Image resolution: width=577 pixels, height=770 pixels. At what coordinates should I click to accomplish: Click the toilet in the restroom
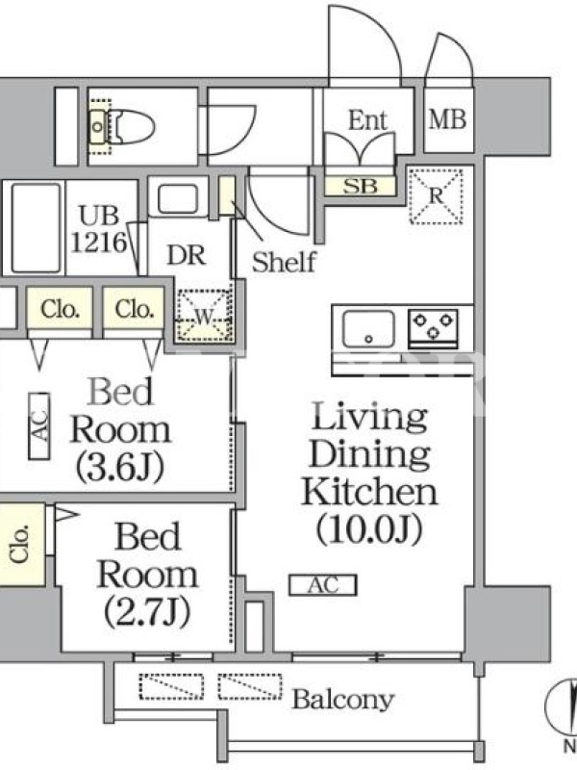click(x=123, y=127)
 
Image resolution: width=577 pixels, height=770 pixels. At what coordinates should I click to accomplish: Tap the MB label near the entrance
click(x=447, y=119)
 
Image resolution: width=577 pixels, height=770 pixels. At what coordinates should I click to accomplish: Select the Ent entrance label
click(x=367, y=120)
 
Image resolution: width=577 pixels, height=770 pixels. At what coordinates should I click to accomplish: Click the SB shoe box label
click(x=360, y=186)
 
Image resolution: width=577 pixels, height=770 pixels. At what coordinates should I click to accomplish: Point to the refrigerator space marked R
click(x=437, y=196)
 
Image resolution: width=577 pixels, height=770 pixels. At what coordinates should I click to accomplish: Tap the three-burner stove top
click(x=433, y=325)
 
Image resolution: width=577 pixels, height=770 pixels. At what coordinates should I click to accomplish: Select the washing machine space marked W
click(x=204, y=316)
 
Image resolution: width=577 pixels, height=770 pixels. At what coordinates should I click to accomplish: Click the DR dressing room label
click(x=186, y=255)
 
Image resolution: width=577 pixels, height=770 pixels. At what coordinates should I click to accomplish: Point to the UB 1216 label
click(x=99, y=229)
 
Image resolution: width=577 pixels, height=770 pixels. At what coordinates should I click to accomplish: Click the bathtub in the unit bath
click(x=36, y=228)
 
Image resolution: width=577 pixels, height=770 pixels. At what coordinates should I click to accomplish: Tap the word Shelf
click(x=284, y=262)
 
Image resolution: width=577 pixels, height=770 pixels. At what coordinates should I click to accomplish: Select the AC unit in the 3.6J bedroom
click(x=39, y=425)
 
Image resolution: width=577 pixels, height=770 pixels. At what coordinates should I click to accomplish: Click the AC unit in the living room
click(x=323, y=585)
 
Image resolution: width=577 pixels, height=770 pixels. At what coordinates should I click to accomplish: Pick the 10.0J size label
click(x=369, y=528)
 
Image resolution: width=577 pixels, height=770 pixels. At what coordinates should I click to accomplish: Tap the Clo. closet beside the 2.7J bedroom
click(x=22, y=544)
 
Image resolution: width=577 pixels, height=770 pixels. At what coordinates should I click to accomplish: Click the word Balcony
click(x=343, y=700)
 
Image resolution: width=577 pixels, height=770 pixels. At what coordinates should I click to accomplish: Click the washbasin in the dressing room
click(x=178, y=199)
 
